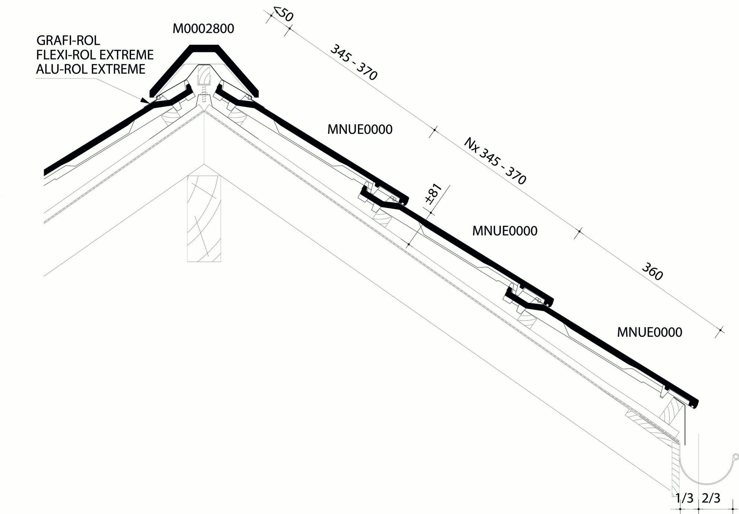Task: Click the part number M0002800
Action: [x=203, y=29]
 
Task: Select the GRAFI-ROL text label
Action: [x=68, y=40]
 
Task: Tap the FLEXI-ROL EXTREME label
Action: [x=95, y=55]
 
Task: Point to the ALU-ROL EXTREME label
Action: [x=91, y=69]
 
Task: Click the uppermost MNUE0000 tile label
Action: [x=360, y=130]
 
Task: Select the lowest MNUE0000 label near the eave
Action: [x=650, y=332]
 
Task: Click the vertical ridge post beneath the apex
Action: [x=204, y=218]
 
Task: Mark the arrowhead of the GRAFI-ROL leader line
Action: [x=145, y=100]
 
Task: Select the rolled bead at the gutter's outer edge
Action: [x=735, y=456]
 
